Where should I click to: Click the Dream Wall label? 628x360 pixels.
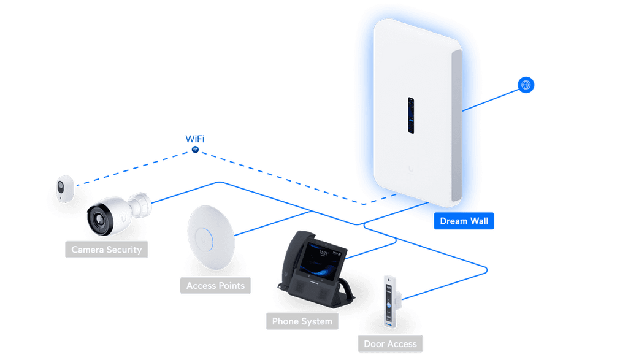tap(464, 221)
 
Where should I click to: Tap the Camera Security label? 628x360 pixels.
tap(106, 250)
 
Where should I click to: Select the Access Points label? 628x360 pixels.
tap(215, 286)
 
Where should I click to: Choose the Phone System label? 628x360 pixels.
tap(302, 321)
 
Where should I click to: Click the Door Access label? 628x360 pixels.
tap(390, 343)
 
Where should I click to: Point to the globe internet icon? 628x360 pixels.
tap(525, 85)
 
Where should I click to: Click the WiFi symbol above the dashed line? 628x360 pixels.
tap(195, 149)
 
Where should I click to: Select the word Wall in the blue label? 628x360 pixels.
tap(477, 221)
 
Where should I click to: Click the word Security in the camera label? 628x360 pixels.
tap(124, 250)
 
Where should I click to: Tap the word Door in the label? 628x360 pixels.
tap(374, 343)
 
